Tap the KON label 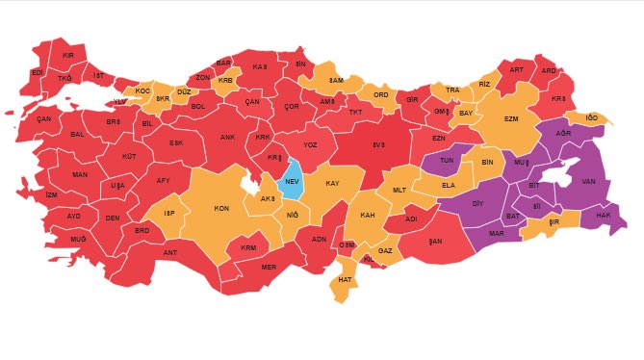pos(220,209)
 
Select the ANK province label pos(227,138)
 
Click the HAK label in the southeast pos(604,216)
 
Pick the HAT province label pos(344,280)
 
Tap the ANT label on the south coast pos(170,253)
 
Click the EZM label pos(511,118)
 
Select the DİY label pos(477,204)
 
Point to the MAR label pos(497,233)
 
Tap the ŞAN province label pos(435,241)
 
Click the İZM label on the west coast pos(51,194)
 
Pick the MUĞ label pos(78,238)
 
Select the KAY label pos(332,183)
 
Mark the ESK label pos(176,143)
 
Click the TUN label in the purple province pos(446,162)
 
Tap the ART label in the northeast pos(516,70)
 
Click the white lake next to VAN pos(555,175)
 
